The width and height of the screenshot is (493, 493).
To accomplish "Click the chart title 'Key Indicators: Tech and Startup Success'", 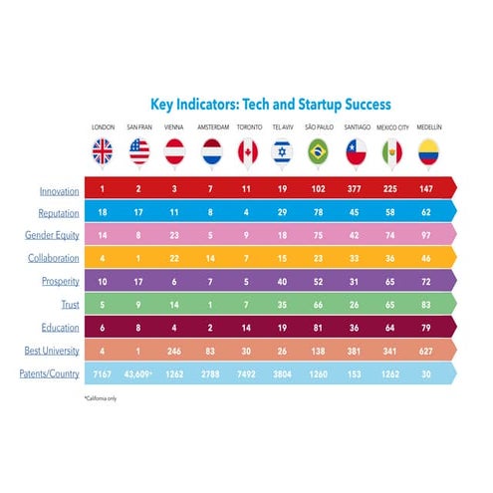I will (270, 104).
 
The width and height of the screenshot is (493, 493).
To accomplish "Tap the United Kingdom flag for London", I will (104, 151).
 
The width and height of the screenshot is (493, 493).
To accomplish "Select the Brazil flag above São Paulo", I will (320, 151).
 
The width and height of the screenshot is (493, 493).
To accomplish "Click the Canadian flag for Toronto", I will (247, 151).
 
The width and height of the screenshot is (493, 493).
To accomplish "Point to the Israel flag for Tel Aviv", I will (283, 151).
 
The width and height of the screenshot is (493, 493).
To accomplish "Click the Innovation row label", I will (60, 190).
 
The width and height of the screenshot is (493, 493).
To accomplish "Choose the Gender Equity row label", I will (53, 235).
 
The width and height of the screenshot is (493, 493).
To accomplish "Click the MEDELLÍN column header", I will (428, 128).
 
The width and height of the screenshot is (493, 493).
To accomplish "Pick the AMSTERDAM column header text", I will (211, 128).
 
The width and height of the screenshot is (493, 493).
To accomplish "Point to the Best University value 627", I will (428, 351).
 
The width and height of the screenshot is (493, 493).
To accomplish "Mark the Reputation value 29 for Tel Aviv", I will (283, 213).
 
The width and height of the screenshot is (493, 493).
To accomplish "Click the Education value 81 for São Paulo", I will (320, 328).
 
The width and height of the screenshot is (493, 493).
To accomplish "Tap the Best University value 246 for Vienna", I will (174, 351).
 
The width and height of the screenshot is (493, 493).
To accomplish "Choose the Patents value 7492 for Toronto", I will (247, 373).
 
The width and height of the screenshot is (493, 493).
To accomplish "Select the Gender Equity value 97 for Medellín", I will (428, 236).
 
